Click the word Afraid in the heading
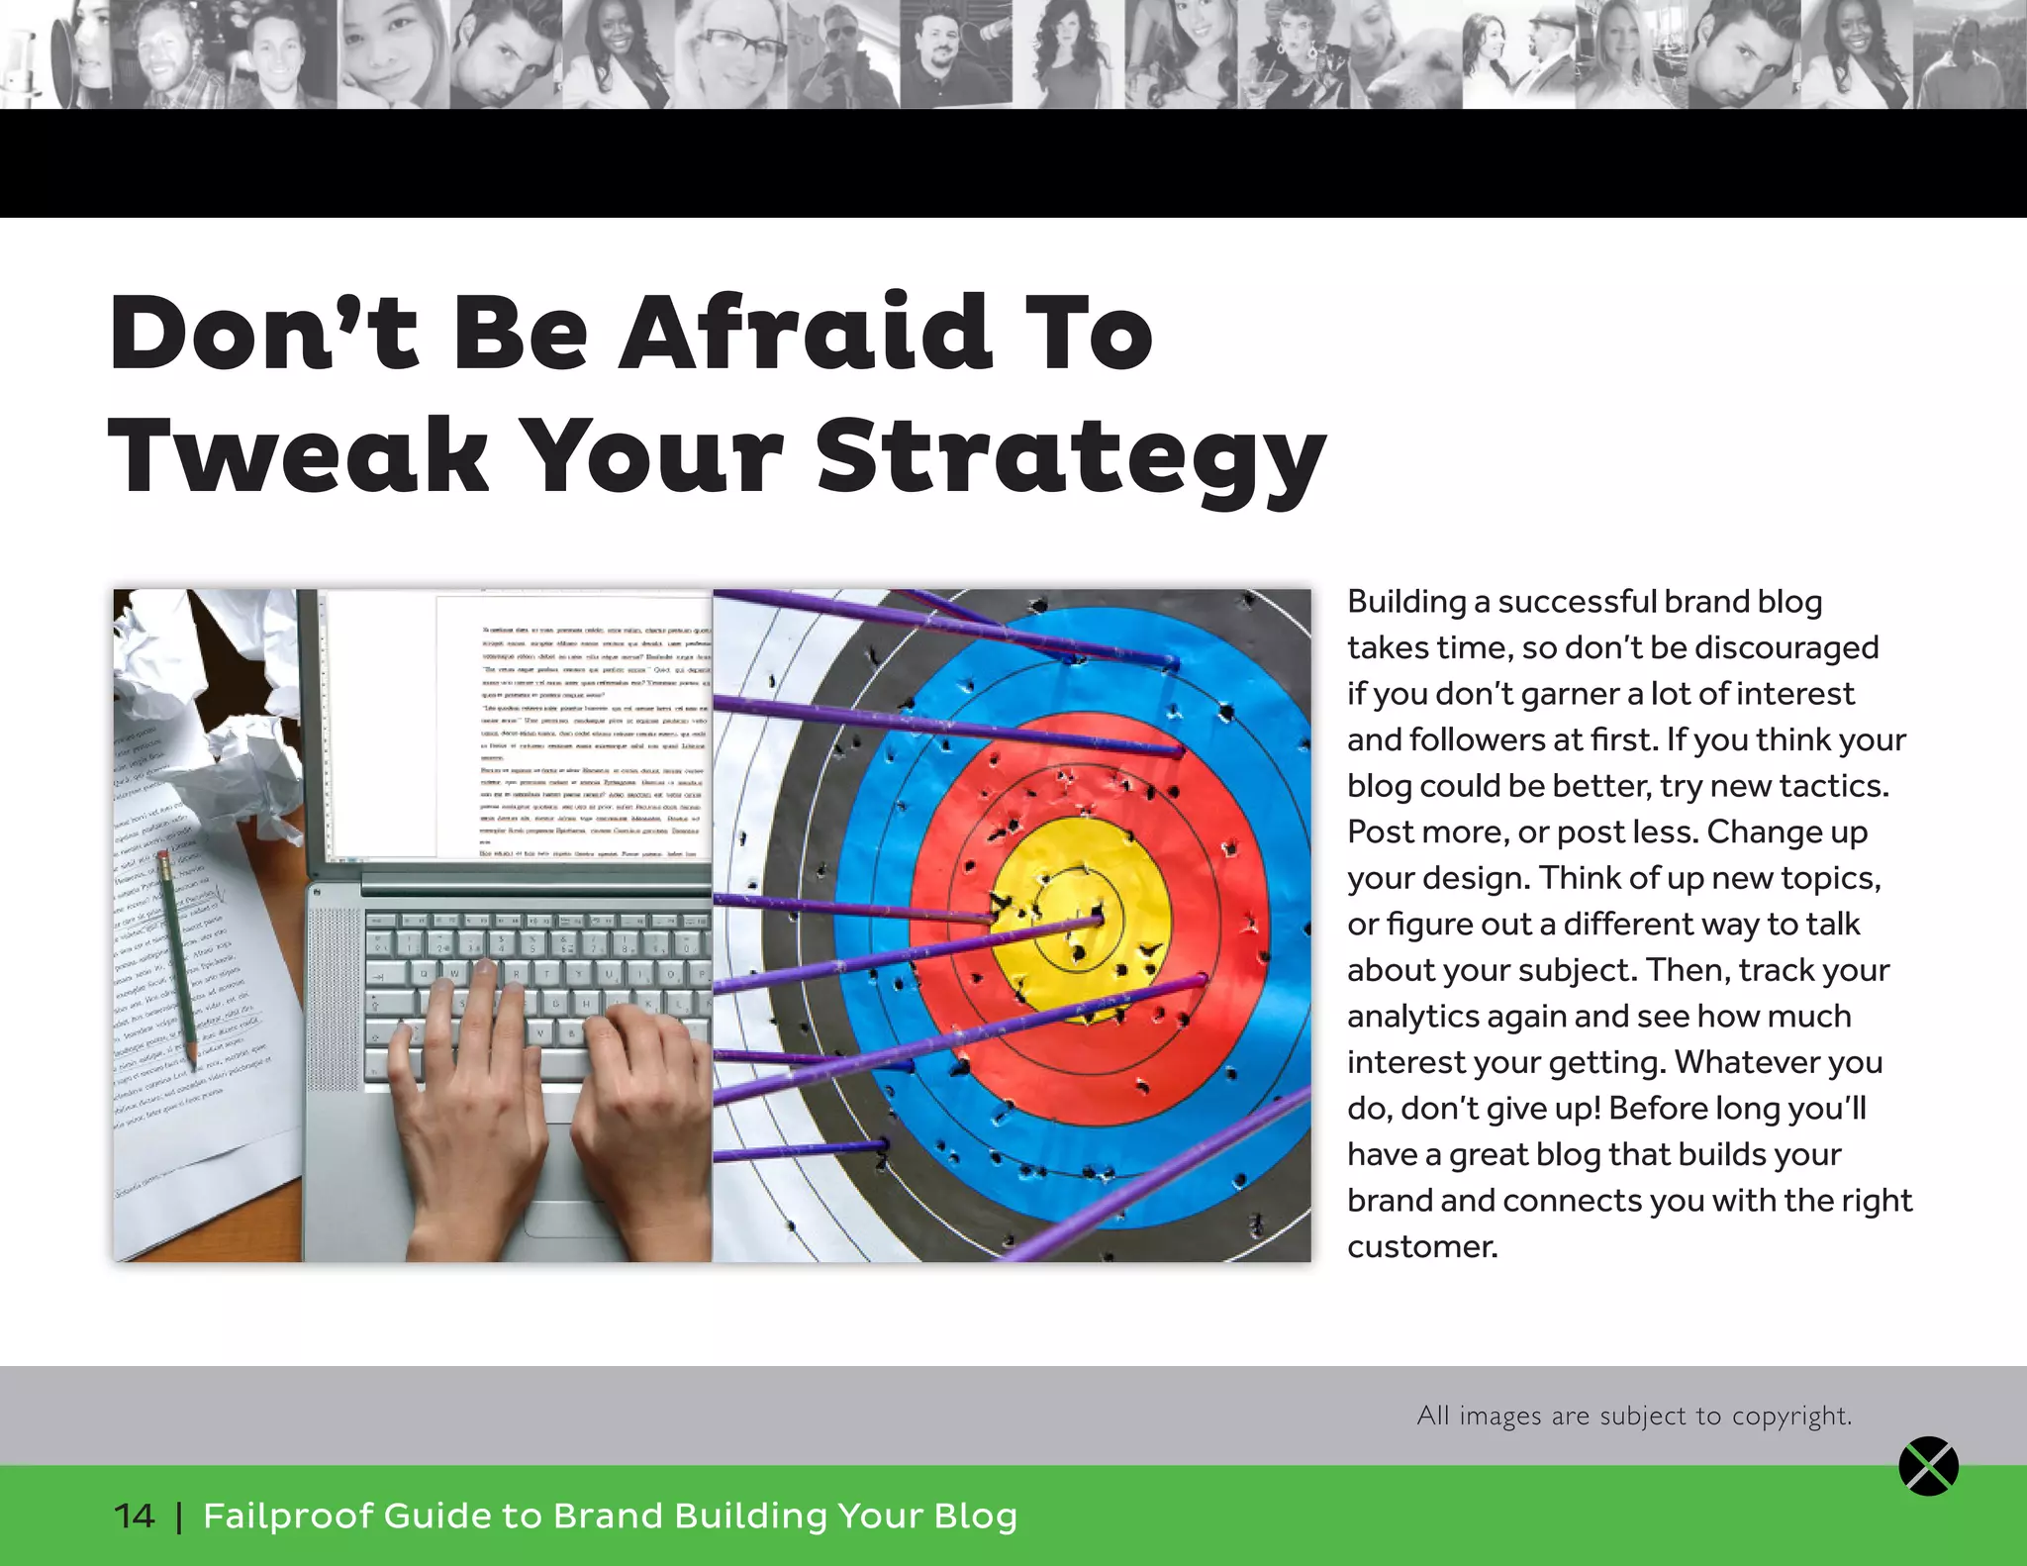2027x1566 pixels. tap(804, 333)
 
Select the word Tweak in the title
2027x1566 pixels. tap(297, 455)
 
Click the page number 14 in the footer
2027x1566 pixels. tap(134, 1516)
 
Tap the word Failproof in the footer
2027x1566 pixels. tap(288, 1516)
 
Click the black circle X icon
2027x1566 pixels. tap(1928, 1466)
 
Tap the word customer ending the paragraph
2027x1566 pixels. tap(1421, 1246)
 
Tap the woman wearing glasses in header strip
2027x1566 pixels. tap(732, 54)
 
